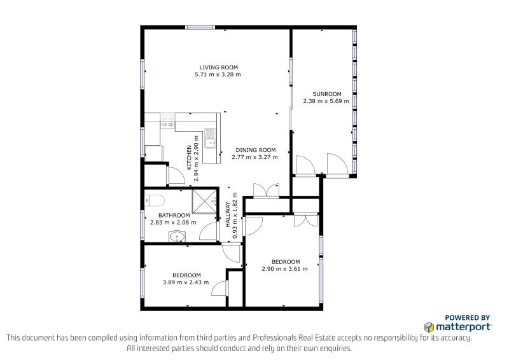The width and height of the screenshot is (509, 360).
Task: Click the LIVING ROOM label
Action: click(218, 67)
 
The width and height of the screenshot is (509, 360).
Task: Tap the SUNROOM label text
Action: click(327, 94)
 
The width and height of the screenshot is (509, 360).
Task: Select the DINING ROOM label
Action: click(256, 150)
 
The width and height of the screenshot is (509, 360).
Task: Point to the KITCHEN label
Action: click(189, 158)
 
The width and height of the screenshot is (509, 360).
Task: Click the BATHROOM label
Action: click(174, 215)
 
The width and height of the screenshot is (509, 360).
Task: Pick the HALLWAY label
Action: click(228, 214)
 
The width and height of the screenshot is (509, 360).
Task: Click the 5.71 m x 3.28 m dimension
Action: click(218, 74)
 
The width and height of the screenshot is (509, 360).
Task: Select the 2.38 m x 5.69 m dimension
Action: click(326, 101)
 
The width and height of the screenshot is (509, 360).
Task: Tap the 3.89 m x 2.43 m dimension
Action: click(186, 282)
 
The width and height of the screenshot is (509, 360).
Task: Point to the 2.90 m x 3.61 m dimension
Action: click(284, 269)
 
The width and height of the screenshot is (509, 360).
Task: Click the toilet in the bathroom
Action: click(155, 200)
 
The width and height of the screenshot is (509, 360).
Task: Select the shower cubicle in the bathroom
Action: click(204, 202)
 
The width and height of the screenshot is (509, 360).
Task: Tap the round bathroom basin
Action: click(177, 237)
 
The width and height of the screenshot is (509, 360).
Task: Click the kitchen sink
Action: click(210, 139)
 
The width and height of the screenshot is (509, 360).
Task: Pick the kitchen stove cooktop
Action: click(167, 121)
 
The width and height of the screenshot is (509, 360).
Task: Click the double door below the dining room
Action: click(266, 191)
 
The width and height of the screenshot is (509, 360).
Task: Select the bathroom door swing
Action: click(208, 232)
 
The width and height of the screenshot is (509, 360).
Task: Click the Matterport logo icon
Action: click(429, 327)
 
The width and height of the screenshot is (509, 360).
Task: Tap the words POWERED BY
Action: click(467, 318)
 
